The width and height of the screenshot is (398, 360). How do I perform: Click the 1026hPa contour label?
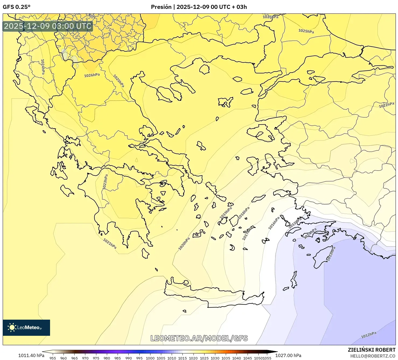[92, 75]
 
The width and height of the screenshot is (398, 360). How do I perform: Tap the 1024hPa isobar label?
[43, 67]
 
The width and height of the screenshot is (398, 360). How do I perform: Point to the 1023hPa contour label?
[105, 182]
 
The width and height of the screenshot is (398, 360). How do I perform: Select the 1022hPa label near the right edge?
[386, 105]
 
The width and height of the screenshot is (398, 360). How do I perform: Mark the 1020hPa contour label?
[184, 244]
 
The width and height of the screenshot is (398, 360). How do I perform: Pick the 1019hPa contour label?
[226, 213]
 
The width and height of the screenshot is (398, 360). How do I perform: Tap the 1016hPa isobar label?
[274, 223]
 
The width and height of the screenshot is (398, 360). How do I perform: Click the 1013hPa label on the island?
[331, 254]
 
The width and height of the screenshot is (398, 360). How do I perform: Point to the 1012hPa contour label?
[368, 335]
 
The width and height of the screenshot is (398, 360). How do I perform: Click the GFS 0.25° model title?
[16, 7]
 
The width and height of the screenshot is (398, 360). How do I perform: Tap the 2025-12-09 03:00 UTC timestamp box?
[48, 26]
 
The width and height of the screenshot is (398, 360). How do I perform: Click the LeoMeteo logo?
[26, 327]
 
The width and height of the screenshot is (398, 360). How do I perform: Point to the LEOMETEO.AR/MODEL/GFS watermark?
[199, 338]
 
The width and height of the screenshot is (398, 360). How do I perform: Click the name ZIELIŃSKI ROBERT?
[371, 350]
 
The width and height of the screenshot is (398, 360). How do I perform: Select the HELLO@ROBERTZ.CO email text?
[373, 356]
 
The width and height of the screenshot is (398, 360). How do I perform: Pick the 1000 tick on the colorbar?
[150, 358]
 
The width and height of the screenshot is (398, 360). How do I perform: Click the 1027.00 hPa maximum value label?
[288, 355]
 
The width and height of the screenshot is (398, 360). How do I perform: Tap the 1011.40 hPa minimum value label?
[31, 355]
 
